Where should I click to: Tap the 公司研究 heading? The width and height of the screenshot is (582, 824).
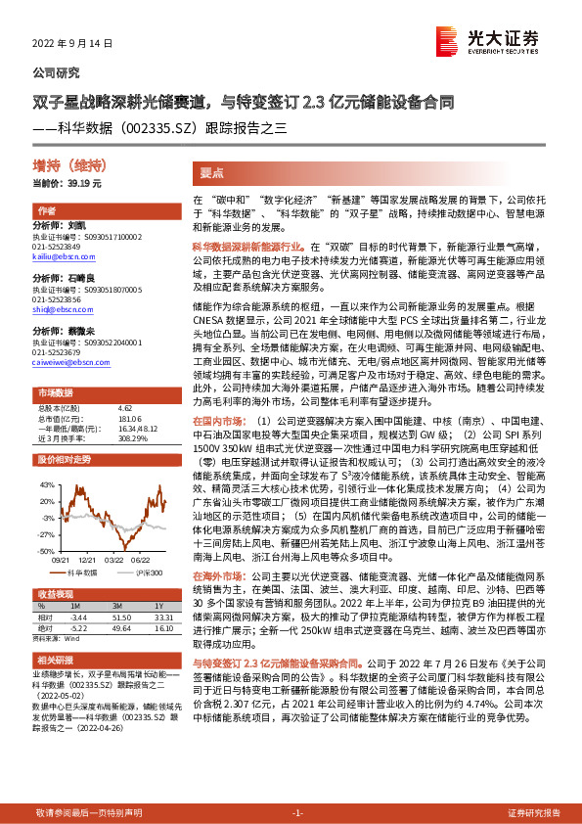tap(56, 72)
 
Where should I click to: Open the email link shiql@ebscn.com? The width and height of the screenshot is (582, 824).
tap(55, 308)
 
